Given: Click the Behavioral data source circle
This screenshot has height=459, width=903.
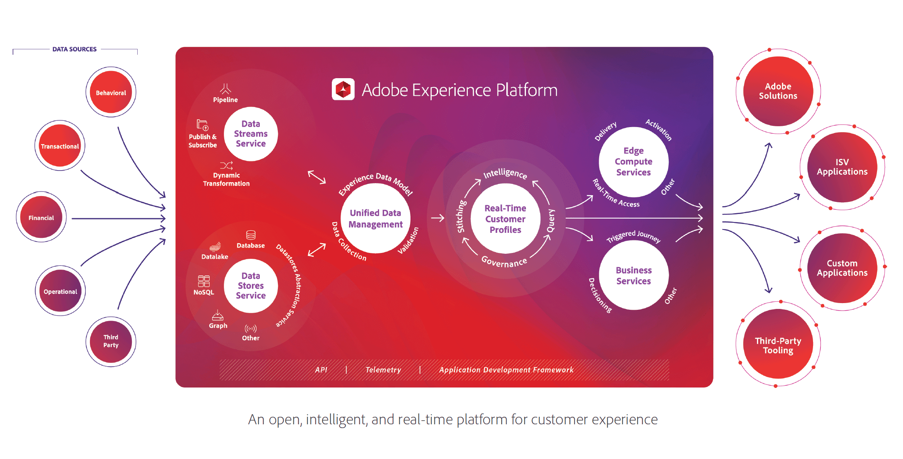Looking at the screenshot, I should coord(111,92).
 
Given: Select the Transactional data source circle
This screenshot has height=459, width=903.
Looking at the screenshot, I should coord(60,145).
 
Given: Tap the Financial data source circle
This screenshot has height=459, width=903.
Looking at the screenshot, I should coord(41,217).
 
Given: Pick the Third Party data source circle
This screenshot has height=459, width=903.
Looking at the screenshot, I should coord(111,341).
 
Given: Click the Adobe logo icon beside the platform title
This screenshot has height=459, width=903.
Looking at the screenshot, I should coord(343,89).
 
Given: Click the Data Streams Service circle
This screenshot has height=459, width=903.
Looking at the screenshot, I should coord(251,134).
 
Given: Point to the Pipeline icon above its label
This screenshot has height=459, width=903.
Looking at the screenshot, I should coord(226,89).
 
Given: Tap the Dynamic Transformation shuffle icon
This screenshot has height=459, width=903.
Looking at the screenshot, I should coord(226,166).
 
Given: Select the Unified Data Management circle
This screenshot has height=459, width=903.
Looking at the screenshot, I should coord(375,218).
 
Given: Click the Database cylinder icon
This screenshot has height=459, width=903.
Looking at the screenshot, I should coord(251,235).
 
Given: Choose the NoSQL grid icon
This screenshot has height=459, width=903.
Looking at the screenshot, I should coord(204,281).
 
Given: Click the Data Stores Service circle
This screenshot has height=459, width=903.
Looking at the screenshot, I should coord(251,286).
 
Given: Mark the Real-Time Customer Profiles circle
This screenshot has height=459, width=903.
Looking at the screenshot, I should coord(505,219).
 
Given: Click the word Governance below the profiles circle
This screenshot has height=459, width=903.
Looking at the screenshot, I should coord(504,262).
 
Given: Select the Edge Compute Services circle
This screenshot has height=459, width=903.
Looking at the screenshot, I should coord(633,161).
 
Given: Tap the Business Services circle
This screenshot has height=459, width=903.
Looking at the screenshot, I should coord(634,275).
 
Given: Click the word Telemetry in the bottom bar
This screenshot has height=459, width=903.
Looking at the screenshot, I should coord(383,370).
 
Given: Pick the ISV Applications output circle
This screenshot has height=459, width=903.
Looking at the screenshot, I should coord(842,167).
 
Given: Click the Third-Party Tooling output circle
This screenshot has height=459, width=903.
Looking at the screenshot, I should coord(778,345).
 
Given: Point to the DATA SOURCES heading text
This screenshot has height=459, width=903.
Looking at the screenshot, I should coord(74,49).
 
